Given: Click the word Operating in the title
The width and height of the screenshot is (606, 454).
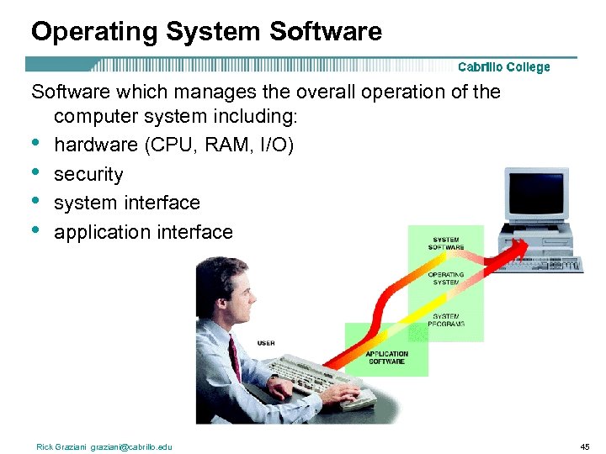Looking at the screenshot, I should [x=94, y=32].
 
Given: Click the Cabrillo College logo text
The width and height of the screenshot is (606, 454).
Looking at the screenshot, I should [x=503, y=67].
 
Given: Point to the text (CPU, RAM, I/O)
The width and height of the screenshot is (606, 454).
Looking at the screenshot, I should [x=219, y=145].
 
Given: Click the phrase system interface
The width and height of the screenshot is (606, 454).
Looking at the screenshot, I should [x=127, y=203].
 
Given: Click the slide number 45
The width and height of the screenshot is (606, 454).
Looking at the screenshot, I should [x=586, y=446].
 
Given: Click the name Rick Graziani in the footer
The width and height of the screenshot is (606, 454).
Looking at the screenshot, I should [x=62, y=446].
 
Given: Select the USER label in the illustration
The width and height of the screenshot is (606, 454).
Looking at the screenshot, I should [x=266, y=343].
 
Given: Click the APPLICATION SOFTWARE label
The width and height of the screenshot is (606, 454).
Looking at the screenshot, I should [x=387, y=357].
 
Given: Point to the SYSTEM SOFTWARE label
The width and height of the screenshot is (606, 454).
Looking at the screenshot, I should [x=446, y=244].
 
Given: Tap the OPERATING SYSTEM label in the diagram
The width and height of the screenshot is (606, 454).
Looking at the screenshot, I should [x=445, y=278].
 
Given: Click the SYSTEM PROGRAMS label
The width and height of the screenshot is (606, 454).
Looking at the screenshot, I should [x=446, y=319].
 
